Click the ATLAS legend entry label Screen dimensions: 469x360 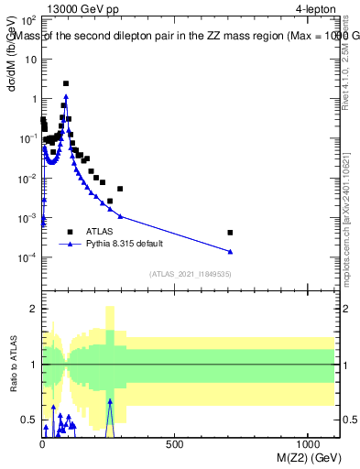point(101,232)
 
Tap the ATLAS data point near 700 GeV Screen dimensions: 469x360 point(230,233)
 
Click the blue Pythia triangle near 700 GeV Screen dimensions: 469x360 point(230,251)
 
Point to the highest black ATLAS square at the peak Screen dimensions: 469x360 point(66,83)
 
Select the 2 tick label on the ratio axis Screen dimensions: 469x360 point(33,309)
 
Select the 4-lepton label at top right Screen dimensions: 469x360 point(316,7)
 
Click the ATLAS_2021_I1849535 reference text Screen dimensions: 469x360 point(191,274)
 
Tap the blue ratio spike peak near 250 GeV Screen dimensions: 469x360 point(110,400)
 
